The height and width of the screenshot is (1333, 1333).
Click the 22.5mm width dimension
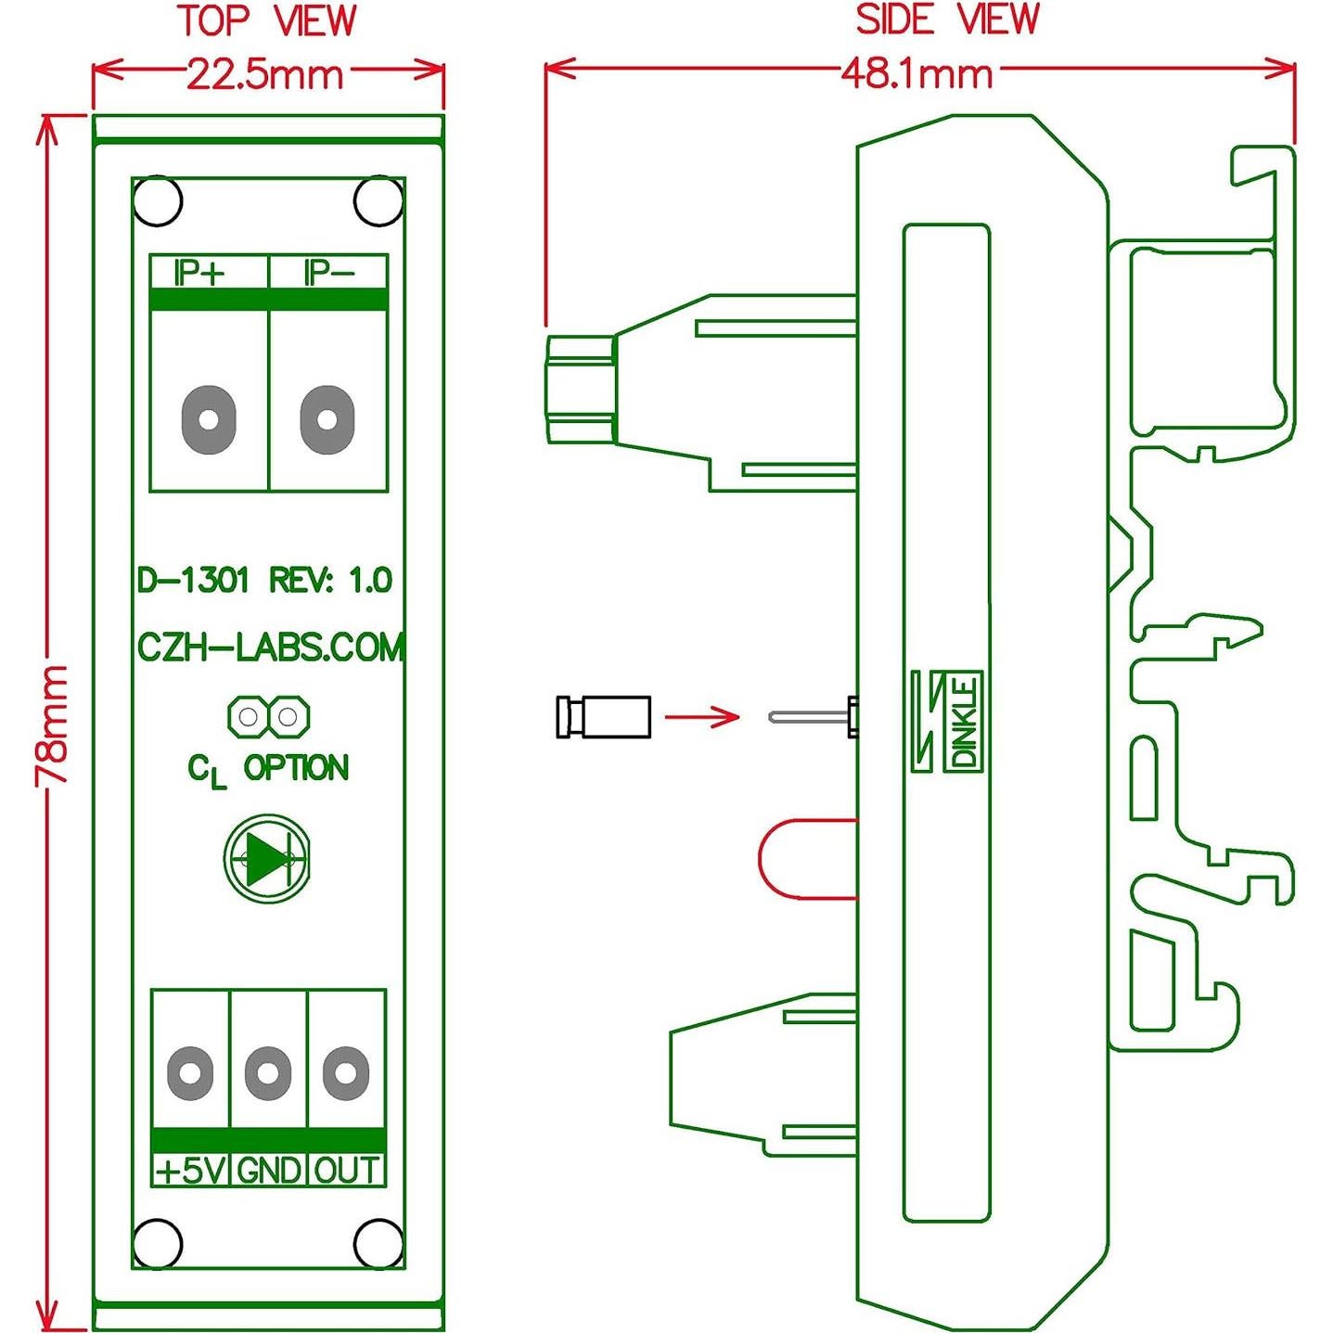point(265,73)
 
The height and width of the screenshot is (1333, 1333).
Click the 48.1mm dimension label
point(916,73)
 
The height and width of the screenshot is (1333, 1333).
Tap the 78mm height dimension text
point(53,724)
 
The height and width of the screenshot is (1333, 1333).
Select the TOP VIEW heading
point(267,21)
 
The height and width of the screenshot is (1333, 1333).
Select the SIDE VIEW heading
point(946,19)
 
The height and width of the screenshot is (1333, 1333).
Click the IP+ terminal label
point(200,273)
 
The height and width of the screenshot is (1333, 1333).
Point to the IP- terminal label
point(328,273)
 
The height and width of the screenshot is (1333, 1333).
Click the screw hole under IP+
point(209,419)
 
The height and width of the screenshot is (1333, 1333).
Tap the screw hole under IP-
point(327,419)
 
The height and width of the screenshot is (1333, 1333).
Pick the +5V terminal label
point(190,1171)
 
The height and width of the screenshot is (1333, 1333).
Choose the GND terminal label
point(268,1171)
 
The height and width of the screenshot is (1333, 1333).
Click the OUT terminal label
point(346,1171)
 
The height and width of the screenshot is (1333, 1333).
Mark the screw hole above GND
point(268,1073)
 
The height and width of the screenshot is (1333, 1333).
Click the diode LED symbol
point(267,859)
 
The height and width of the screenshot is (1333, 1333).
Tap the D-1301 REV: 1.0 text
point(265,581)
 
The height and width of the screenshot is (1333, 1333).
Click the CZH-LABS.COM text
point(270,647)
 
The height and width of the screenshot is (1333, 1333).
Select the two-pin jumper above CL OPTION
point(268,716)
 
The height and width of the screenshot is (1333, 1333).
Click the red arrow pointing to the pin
point(702,715)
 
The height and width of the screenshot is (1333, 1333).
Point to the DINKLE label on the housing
point(964,723)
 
